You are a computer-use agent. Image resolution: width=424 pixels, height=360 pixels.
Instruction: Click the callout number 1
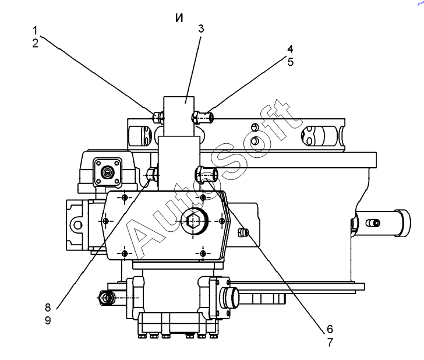pyautogui.click(x=35, y=30)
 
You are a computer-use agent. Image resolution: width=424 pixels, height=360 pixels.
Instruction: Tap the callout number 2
pyautogui.click(x=35, y=43)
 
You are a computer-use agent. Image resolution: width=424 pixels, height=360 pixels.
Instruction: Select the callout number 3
pyautogui.click(x=200, y=29)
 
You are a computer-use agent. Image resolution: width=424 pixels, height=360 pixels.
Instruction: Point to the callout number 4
pyautogui.click(x=290, y=49)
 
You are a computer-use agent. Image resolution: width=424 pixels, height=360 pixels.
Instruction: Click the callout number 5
pyautogui.click(x=290, y=62)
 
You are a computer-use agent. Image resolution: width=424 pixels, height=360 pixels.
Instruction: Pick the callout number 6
pyautogui.click(x=330, y=329)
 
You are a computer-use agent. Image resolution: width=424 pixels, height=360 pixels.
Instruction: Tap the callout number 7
pyautogui.click(x=330, y=343)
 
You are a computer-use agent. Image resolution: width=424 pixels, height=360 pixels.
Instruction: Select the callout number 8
pyautogui.click(x=48, y=307)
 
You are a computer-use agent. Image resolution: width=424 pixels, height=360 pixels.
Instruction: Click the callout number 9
pyautogui.click(x=48, y=320)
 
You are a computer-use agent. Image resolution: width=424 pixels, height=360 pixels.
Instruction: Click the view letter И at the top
pyautogui.click(x=179, y=18)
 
